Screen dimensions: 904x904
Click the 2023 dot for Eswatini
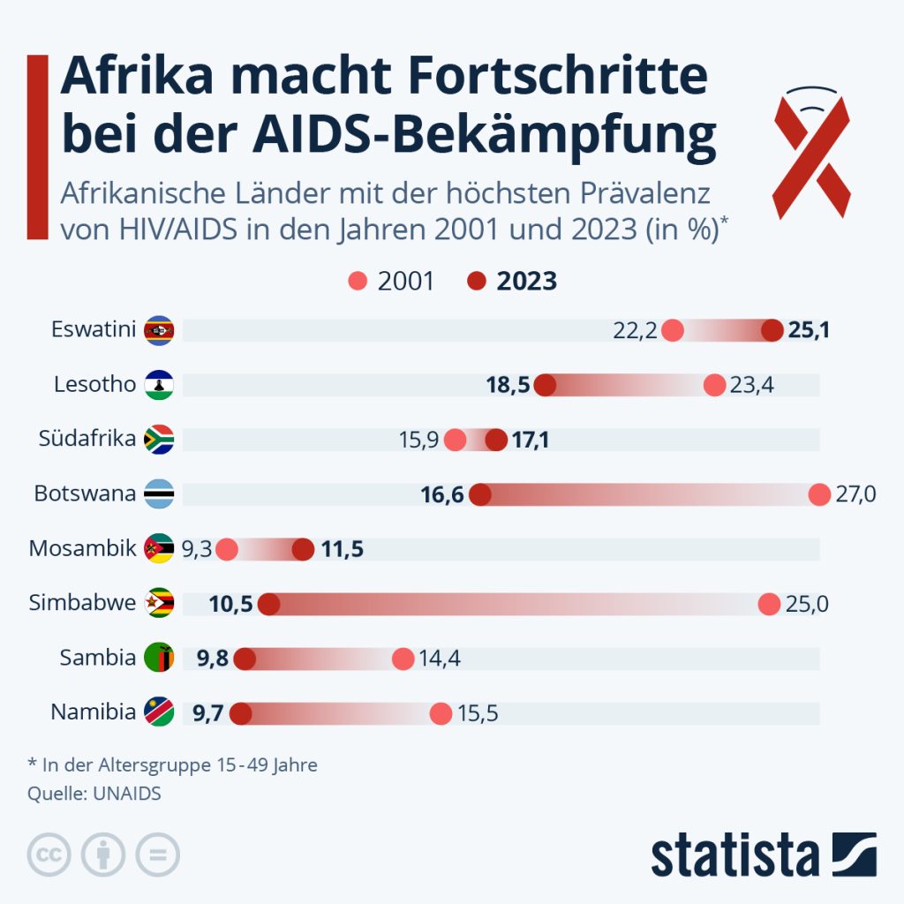pyautogui.click(x=772, y=331)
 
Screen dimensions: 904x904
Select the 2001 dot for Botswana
pyautogui.click(x=819, y=494)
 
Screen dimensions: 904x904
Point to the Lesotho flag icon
pyautogui.click(x=160, y=385)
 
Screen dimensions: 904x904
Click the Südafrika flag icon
pyautogui.click(x=160, y=439)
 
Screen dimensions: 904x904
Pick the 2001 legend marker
pyautogui.click(x=358, y=281)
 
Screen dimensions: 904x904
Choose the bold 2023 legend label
pyautogui.click(x=526, y=281)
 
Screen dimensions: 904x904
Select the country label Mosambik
pyautogui.click(x=82, y=548)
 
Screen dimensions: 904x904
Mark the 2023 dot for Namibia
pyautogui.click(x=239, y=713)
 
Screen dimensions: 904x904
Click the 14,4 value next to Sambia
pyautogui.click(x=440, y=659)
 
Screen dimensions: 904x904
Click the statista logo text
pyautogui.click(x=734, y=856)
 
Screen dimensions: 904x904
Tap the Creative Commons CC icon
pyautogui.click(x=49, y=855)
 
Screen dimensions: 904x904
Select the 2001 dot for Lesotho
pyautogui.click(x=714, y=385)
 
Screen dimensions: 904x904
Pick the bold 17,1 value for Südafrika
pyautogui.click(x=531, y=440)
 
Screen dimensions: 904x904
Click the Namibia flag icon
pyautogui.click(x=160, y=712)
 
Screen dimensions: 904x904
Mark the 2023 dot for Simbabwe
pyautogui.click(x=268, y=604)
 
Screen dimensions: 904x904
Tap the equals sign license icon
pyautogui.click(x=157, y=855)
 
